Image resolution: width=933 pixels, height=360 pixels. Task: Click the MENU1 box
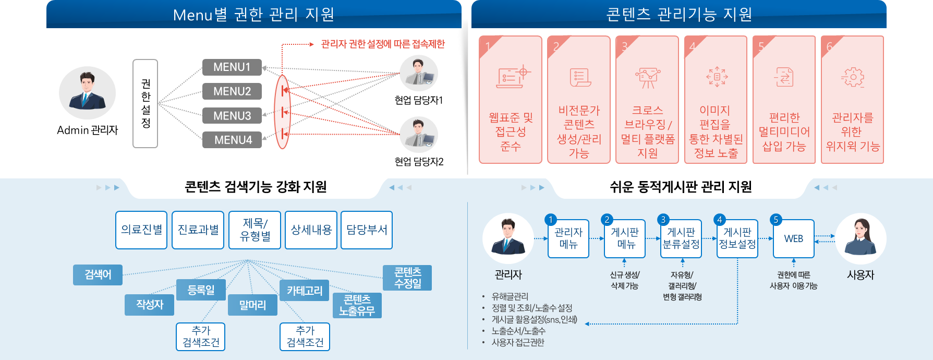click(x=232, y=67)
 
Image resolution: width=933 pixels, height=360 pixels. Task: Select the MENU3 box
click(x=232, y=116)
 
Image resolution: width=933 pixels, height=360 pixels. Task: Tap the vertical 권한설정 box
click(x=146, y=103)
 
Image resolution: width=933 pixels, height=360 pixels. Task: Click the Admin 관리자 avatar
click(x=87, y=93)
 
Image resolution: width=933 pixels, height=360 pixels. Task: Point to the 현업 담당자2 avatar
click(x=419, y=135)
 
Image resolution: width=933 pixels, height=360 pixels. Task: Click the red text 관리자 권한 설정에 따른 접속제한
click(x=383, y=44)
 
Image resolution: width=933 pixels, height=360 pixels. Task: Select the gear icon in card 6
click(x=853, y=77)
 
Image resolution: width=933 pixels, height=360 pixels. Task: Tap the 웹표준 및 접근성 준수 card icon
click(x=513, y=77)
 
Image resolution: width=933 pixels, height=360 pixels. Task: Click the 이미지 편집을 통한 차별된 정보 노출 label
click(x=716, y=131)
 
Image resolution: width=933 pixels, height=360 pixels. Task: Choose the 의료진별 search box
click(x=141, y=230)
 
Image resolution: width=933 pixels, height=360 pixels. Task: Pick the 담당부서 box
click(x=367, y=230)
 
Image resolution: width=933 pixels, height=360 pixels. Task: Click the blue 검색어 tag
click(x=98, y=275)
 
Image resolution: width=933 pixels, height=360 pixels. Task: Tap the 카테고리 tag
click(x=305, y=291)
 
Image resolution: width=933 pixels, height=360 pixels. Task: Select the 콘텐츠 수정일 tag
click(x=407, y=278)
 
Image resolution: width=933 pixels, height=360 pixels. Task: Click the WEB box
click(x=794, y=239)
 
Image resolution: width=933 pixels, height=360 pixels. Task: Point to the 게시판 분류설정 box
click(x=681, y=239)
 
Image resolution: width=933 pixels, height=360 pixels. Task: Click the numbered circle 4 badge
click(x=720, y=220)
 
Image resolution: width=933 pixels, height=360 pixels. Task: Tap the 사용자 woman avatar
click(x=861, y=239)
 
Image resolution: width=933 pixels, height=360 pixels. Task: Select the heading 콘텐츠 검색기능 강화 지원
click(x=256, y=187)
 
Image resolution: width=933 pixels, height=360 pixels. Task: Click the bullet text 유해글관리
click(x=510, y=296)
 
